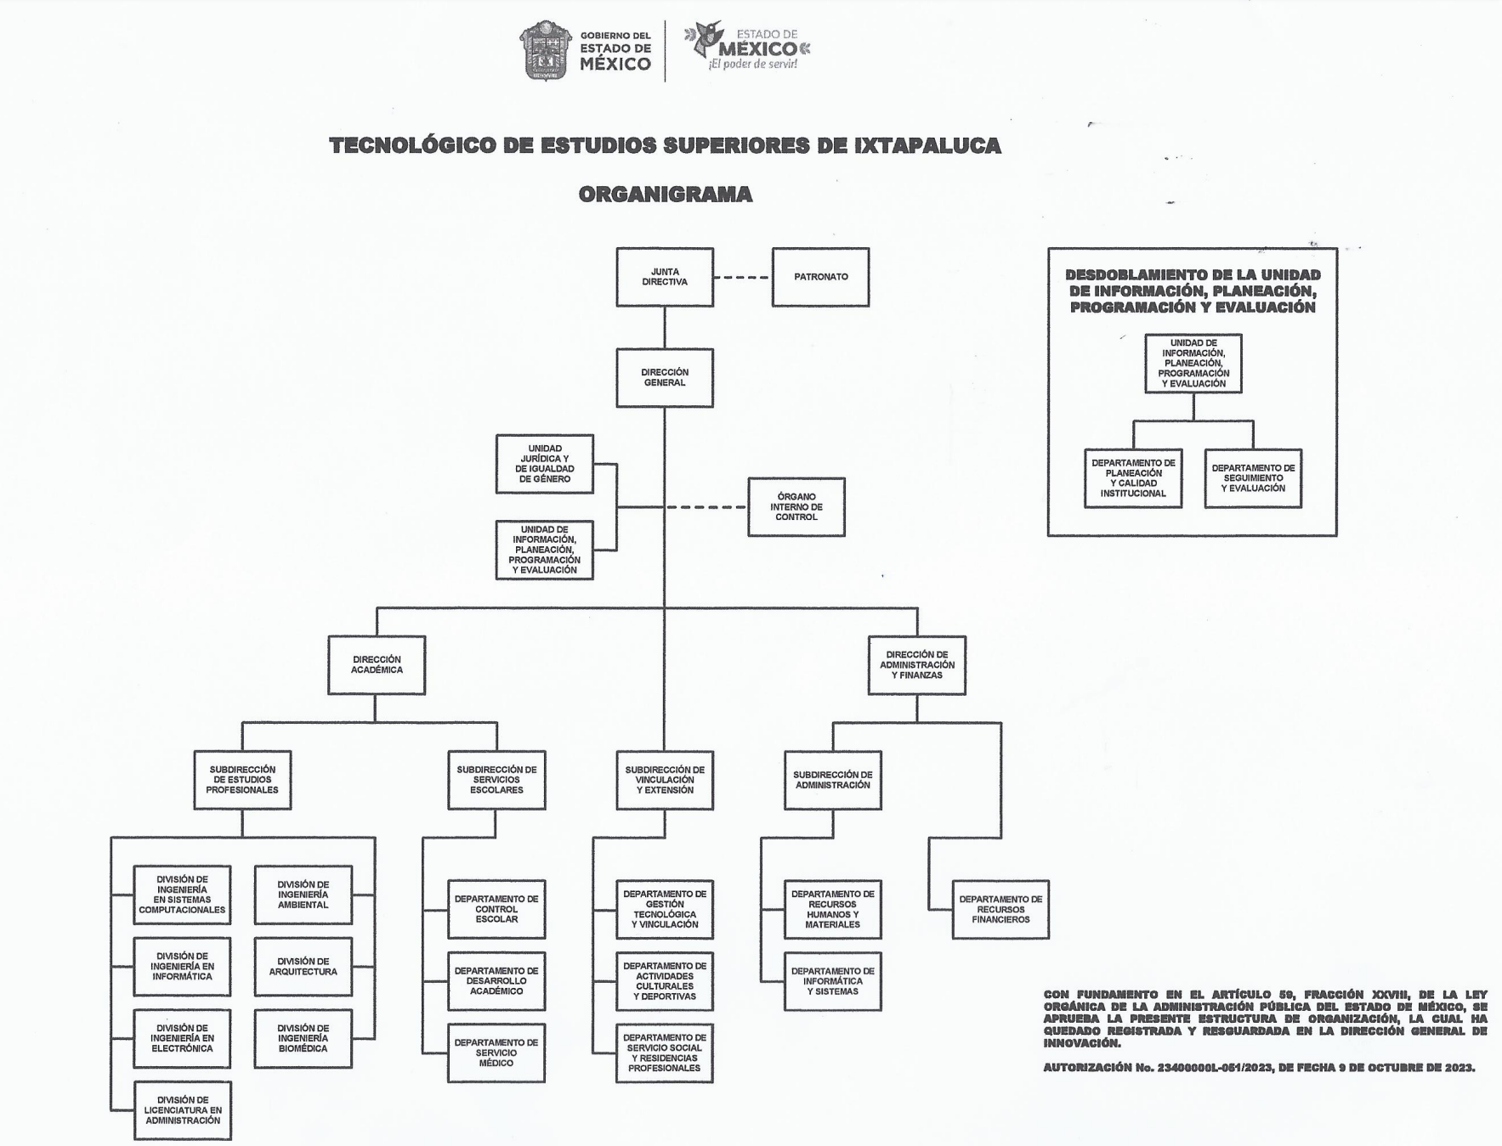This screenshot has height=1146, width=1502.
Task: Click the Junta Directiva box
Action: pos(665,277)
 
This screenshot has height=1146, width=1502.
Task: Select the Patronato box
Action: pos(820,277)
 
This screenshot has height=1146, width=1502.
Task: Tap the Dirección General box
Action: pos(665,378)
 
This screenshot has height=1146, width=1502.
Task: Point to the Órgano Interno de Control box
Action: pos(796,507)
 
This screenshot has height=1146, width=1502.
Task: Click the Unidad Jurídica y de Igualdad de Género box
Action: pos(545,464)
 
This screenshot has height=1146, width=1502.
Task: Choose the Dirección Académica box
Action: pos(377,665)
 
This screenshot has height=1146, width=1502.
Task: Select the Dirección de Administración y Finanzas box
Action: pos(917,665)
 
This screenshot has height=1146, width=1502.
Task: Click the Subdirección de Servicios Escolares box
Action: pos(496,780)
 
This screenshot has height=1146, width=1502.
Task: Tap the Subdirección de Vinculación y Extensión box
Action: pos(665,780)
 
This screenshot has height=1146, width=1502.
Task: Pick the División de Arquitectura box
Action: pos(303,967)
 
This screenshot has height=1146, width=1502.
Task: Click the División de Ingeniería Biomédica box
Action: pos(303,1038)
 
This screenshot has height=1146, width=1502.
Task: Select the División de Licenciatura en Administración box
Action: pos(183,1110)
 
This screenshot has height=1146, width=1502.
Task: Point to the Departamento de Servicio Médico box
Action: pos(496,1053)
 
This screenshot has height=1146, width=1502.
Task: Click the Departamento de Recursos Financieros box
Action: pos(1000,909)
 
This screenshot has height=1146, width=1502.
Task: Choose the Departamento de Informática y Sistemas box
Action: pos(833,981)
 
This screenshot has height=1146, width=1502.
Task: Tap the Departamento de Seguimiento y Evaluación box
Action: pos(1253,478)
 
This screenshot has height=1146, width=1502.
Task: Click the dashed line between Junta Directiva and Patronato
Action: pos(741,278)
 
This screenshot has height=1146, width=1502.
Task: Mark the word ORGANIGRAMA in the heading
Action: pos(665,195)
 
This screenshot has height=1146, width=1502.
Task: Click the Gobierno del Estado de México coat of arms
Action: pos(545,51)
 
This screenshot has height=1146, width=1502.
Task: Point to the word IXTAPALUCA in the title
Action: pos(927,145)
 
